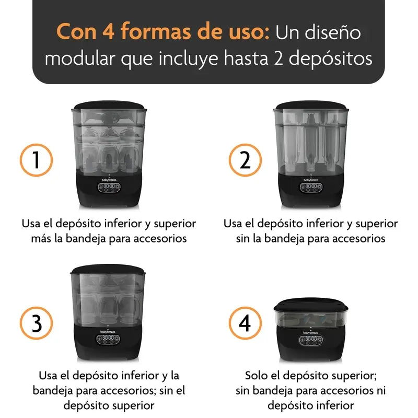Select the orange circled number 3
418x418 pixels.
point(36,324)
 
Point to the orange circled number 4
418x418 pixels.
point(245,324)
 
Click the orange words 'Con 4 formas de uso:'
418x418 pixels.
point(162,32)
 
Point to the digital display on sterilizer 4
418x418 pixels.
point(311,340)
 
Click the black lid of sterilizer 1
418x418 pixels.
point(109,107)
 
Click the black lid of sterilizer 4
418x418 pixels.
point(311,305)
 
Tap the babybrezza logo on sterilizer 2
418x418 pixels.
point(311,179)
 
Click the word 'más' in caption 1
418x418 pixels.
point(42,239)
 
